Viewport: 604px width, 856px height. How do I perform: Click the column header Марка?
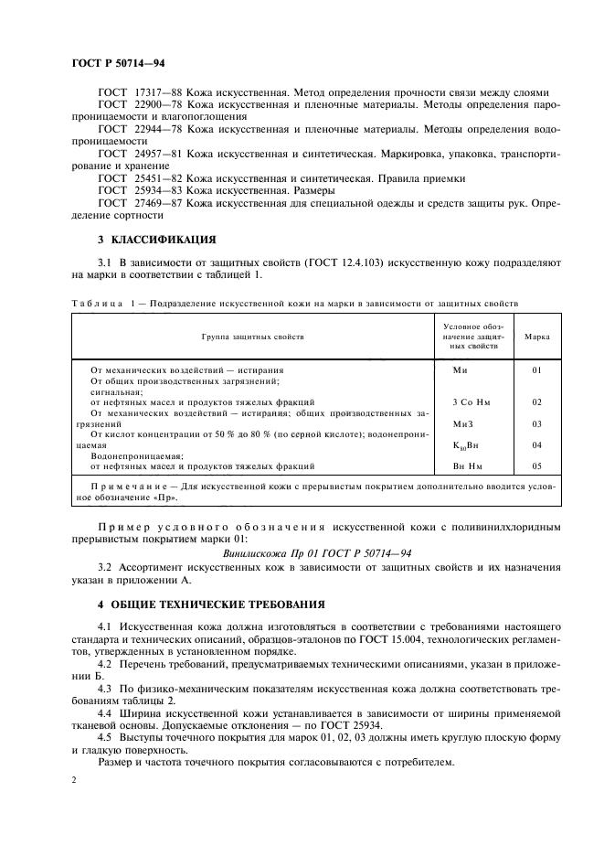pyautogui.click(x=537, y=337)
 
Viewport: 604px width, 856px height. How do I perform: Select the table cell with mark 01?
pyautogui.click(x=537, y=370)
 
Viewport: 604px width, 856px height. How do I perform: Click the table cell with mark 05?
pyautogui.click(x=537, y=465)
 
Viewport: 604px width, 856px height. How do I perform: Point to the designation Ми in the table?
pyautogui.click(x=461, y=370)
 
